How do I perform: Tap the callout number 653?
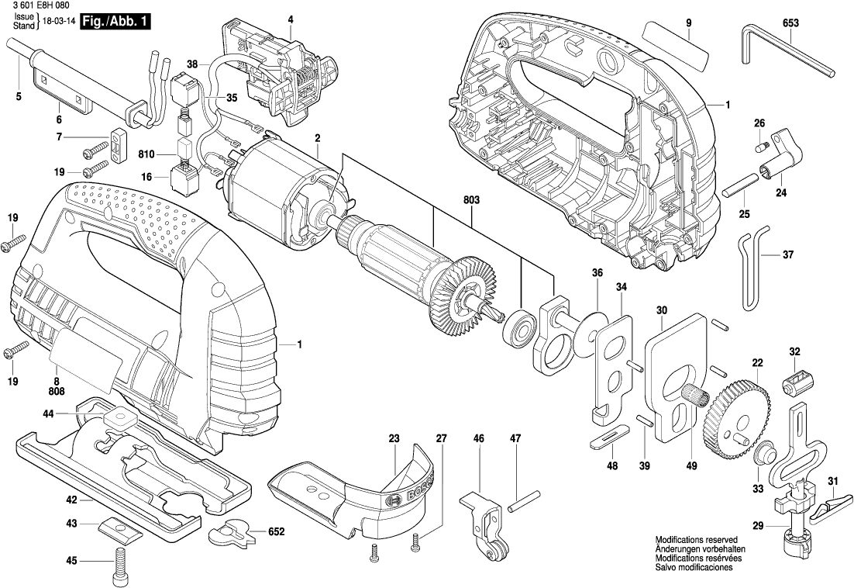point(790,23)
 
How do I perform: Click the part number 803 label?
point(472,199)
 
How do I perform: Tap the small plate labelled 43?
point(121,531)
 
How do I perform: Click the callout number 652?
point(276,532)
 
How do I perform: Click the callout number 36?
point(597,272)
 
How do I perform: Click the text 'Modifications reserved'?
point(696,538)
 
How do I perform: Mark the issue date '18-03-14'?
point(58,22)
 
